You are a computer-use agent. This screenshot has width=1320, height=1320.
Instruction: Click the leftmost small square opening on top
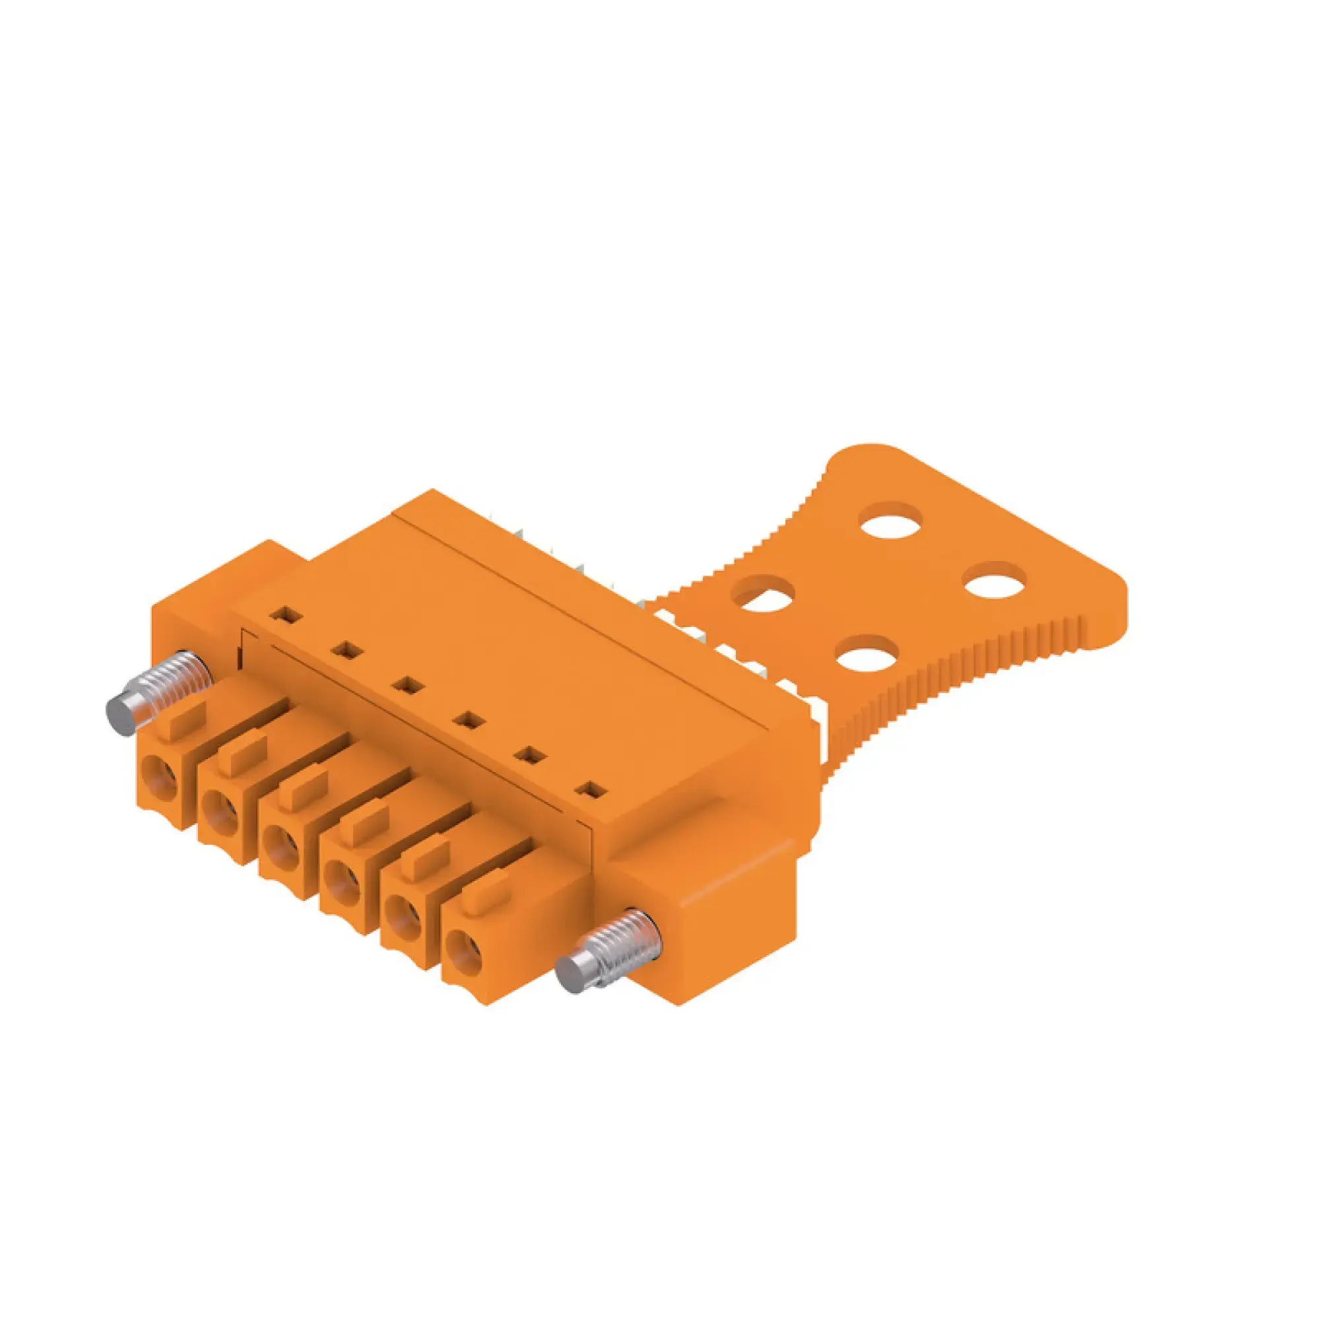click(286, 614)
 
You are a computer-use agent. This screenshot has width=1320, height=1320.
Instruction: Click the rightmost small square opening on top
click(591, 791)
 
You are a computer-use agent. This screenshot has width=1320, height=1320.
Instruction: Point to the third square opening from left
click(409, 685)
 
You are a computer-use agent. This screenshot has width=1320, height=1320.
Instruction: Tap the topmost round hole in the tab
click(891, 519)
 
